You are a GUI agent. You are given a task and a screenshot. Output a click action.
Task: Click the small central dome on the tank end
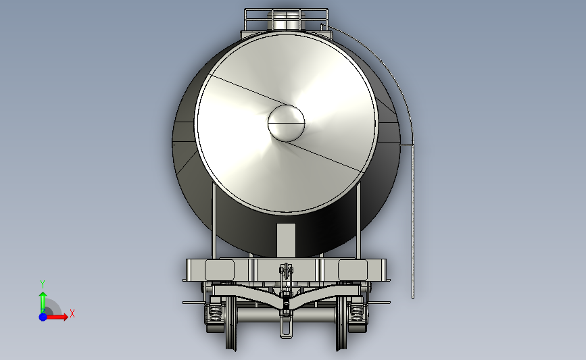pyautogui.click(x=287, y=123)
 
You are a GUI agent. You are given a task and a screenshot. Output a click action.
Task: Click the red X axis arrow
pyautogui.click(x=57, y=317)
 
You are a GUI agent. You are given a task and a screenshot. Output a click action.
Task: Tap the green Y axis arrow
pyautogui.click(x=43, y=303)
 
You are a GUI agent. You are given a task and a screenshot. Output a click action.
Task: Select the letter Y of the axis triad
pyautogui.click(x=43, y=284)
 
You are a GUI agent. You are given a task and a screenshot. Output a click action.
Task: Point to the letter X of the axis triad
pyautogui.click(x=72, y=313)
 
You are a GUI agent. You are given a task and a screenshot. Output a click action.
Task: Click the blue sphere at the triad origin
pyautogui.click(x=43, y=317)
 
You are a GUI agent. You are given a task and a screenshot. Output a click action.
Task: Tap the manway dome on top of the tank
pyautogui.click(x=286, y=21)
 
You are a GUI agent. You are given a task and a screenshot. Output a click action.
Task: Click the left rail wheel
pyautogui.click(x=231, y=323)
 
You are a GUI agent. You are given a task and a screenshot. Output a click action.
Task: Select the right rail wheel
pyautogui.click(x=341, y=323)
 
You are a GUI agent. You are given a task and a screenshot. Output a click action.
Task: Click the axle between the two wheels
pyautogui.click(x=287, y=315)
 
